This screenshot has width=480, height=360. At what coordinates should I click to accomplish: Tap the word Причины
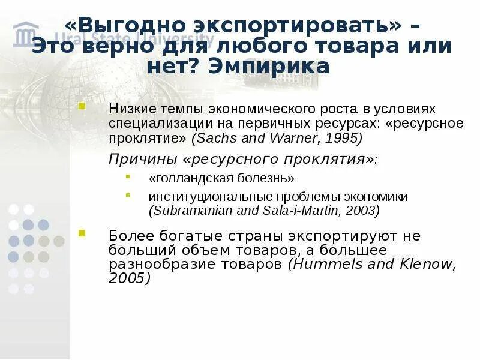click(x=136, y=160)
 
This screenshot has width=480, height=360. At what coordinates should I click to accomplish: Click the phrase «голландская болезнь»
click(x=221, y=178)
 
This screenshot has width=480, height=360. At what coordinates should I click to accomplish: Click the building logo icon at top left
click(x=26, y=34)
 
